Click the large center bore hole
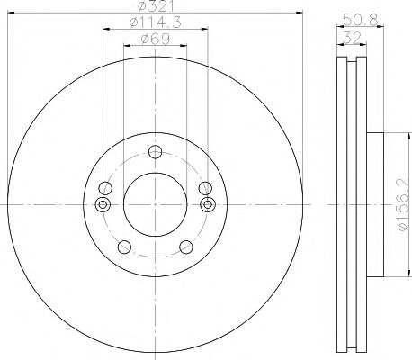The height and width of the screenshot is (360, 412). click(x=155, y=204)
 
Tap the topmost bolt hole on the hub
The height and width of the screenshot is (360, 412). click(x=156, y=152)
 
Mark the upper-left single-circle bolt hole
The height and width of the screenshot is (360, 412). click(x=105, y=189)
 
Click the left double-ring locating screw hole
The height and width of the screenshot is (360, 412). click(x=100, y=205)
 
